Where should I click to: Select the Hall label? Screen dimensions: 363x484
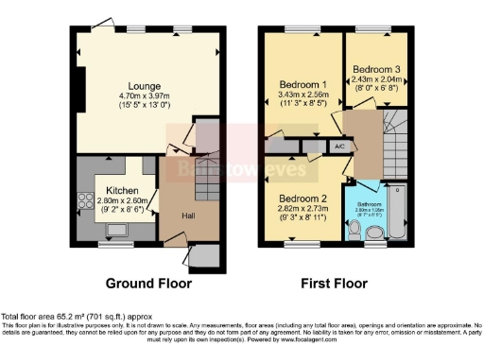(x=189, y=216)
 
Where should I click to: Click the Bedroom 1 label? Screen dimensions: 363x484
(x=302, y=84)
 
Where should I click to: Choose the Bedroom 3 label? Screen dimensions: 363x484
(x=375, y=70)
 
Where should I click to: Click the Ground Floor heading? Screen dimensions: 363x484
(x=147, y=283)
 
